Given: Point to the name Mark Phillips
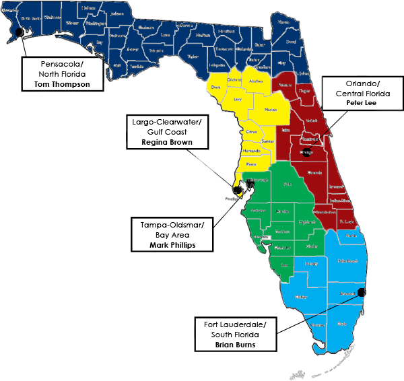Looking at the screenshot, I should pos(172,246).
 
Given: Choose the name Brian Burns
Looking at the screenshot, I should pos(235,345).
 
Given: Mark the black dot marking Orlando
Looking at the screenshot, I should pos(306,152).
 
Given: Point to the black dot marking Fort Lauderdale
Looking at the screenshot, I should pos(361,292).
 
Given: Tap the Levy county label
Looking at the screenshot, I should pos(238,100).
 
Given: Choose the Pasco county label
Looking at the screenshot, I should pos(250,164).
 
